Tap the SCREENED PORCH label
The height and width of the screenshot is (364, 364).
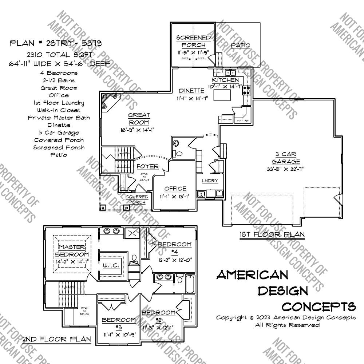pyautogui.click(x=193, y=41)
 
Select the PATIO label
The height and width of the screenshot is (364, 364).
pyautogui.click(x=241, y=45)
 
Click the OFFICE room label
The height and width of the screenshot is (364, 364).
pyautogui.click(x=175, y=189)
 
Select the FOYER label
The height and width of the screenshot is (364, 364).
pyautogui.click(x=147, y=167)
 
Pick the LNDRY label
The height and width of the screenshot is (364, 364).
pyautogui.click(x=210, y=181)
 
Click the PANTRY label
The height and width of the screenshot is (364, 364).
pyautogui.click(x=242, y=120)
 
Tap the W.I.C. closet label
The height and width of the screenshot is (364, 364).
pyautogui.click(x=111, y=265)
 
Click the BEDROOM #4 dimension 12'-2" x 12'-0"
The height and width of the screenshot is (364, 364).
pyautogui.click(x=175, y=260)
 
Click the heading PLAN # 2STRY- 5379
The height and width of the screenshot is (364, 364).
pyautogui.click(x=55, y=43)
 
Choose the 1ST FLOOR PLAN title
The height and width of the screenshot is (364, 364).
pyautogui.click(x=272, y=234)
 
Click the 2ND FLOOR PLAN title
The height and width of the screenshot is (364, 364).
pyautogui.click(x=56, y=339)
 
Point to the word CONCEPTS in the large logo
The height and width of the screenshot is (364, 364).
pyautogui.click(x=319, y=306)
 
